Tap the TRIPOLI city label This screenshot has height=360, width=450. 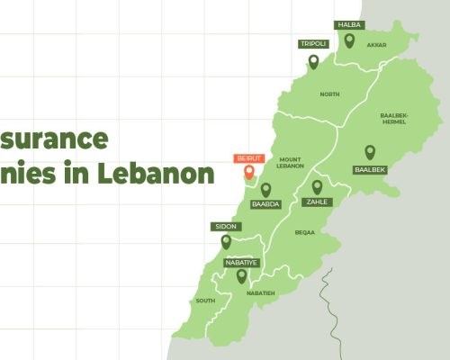coord(313,43)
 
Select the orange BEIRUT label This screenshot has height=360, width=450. coord(249,157)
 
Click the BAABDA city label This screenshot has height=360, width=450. coord(266,204)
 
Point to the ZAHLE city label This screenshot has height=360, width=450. coord(317,202)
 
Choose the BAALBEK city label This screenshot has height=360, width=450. coord(369,168)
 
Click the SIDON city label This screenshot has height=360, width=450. coord(225,226)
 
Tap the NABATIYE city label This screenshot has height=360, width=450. coord(241,262)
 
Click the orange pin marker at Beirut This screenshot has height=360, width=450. coord(249,172)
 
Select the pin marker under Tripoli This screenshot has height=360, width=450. coord(313,61)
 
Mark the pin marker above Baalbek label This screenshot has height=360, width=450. coord(369,152)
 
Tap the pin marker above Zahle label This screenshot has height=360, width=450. coord(317,186)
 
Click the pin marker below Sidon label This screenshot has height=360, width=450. coord(225,240)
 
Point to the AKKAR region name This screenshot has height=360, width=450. coord(377,44)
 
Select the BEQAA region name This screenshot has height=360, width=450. coord(305,232)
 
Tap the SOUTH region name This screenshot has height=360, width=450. coord(205,301)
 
